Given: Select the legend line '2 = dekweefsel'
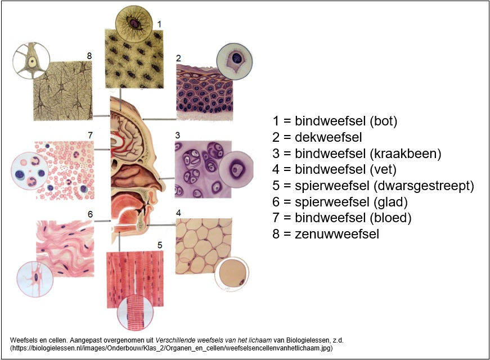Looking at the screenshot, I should pos(317,137).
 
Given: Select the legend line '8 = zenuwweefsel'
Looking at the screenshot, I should pos(326,234).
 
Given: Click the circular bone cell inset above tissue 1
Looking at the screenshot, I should pos(134,23).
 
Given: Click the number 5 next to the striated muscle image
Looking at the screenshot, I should pos(159,245).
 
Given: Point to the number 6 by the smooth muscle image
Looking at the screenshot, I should pos(90,214).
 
